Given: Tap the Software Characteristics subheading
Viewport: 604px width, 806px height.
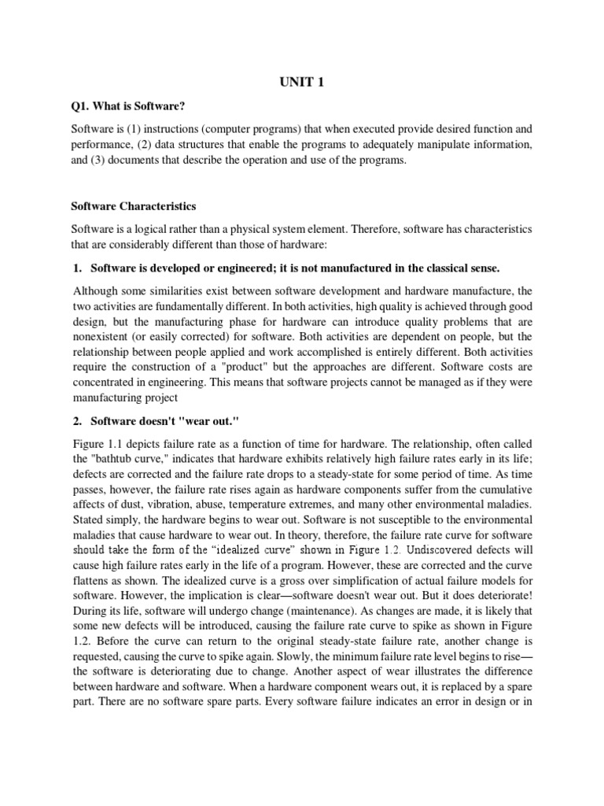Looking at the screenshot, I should coord(134,207).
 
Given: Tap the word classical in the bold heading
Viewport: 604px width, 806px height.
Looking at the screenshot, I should coord(424,268).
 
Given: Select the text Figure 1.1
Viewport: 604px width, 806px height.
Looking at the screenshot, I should coord(97,447).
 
